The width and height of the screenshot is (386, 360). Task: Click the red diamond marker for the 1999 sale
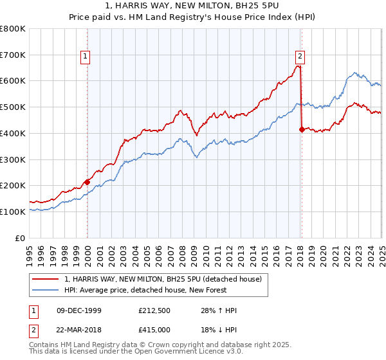pos(87,182)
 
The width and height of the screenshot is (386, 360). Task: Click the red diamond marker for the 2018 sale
pos(302,129)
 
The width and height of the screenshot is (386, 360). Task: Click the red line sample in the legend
pos(46,280)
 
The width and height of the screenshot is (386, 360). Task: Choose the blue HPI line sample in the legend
pos(46,291)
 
